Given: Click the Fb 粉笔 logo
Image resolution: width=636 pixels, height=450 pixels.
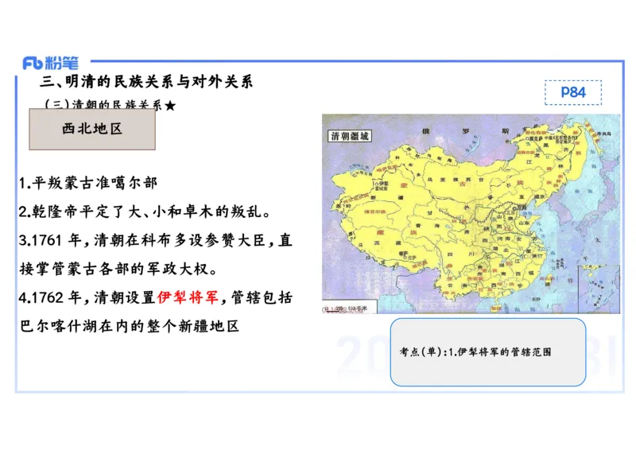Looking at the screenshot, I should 50,63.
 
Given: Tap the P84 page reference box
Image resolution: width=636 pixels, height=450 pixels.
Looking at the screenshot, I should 572,92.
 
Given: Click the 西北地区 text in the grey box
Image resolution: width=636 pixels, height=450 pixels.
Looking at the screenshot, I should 92,129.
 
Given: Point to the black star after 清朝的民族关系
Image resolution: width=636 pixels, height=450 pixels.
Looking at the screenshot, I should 169,105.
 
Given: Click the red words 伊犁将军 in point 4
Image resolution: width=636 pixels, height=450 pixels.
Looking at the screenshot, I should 192,298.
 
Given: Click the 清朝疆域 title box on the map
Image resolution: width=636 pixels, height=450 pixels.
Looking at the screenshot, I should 351,136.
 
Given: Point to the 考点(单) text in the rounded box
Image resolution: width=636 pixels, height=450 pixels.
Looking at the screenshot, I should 422,351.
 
